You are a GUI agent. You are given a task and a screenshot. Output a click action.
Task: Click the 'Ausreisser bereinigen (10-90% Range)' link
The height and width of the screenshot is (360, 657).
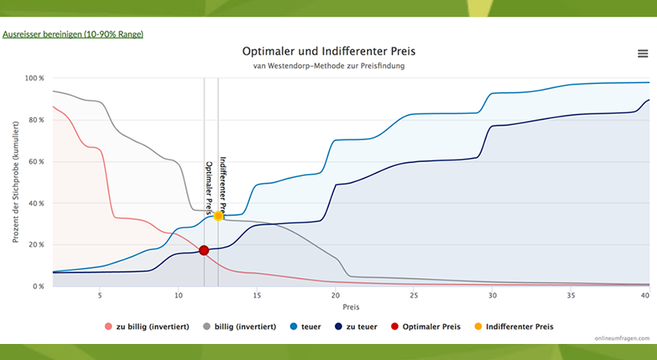click(x=73, y=35)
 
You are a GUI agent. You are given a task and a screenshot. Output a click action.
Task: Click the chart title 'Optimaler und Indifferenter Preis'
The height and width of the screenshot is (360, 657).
click(x=328, y=52)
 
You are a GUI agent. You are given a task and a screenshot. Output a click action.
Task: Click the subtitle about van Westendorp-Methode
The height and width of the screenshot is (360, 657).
click(x=328, y=66)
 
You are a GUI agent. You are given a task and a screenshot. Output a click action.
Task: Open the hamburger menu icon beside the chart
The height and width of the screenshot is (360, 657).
click(x=643, y=53)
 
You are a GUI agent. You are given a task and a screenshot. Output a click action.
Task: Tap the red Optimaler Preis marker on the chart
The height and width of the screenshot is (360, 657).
click(x=204, y=251)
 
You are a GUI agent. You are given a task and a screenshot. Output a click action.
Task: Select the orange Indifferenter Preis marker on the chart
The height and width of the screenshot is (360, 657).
click(x=218, y=216)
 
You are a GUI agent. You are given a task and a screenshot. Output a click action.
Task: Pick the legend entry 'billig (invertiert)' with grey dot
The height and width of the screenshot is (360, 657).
click(x=241, y=326)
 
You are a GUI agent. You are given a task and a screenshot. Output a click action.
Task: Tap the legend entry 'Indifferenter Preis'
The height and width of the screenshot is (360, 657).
click(x=519, y=326)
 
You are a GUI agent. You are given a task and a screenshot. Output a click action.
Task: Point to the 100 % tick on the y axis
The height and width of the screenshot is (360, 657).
click(x=34, y=79)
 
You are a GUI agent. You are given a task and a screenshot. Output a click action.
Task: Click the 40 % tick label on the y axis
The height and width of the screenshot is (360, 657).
click(x=35, y=204)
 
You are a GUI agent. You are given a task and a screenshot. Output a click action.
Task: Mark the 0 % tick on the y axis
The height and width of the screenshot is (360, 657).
click(x=38, y=287)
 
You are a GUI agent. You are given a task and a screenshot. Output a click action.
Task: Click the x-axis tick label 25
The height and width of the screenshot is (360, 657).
click(x=413, y=296)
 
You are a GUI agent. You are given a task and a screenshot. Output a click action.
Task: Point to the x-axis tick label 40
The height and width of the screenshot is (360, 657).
click(x=645, y=296)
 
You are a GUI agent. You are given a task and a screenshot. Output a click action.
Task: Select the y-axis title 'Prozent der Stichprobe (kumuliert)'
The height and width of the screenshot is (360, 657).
click(x=15, y=183)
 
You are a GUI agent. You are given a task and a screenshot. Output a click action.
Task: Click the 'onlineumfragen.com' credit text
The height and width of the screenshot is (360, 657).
click(x=621, y=338)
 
